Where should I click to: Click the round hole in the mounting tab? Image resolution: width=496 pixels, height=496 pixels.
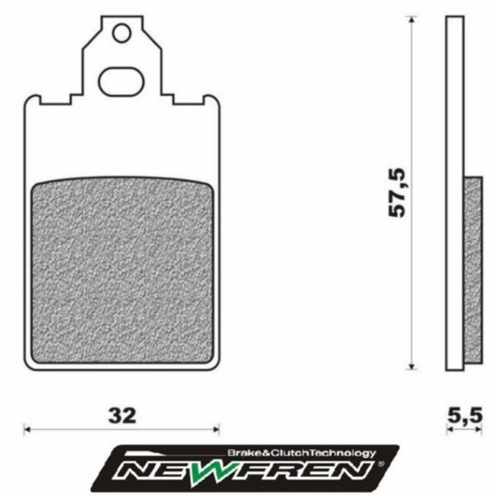coord(122,33)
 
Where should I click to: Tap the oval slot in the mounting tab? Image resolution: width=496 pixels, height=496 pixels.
coord(122,82)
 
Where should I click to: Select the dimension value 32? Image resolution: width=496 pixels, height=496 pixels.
coord(122,416)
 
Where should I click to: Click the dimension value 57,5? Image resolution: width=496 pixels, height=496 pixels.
coord(398,193)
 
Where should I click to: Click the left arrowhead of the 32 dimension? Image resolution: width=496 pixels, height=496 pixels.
coord(27,430)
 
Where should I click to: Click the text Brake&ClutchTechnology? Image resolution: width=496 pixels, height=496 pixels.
coord(301,453)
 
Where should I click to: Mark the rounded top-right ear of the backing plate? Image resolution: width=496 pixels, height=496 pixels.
coord(212,100)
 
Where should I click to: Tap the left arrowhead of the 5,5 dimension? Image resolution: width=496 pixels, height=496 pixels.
coord(449,430)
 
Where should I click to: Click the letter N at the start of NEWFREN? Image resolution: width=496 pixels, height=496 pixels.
coord(138,470)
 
